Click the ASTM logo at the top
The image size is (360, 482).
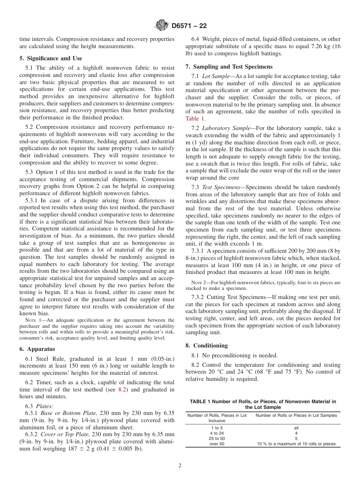point(162,26)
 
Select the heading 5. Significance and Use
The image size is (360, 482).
point(50,58)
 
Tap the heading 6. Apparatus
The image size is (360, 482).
point(37,349)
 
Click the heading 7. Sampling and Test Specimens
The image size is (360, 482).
point(229,67)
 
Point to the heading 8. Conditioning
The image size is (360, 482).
point(207,346)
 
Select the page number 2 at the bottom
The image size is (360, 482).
point(180,466)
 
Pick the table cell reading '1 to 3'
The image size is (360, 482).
point(217,428)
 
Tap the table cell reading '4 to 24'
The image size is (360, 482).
point(217,433)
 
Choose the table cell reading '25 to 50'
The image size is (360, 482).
point(217,438)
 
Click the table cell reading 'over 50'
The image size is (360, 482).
point(217,444)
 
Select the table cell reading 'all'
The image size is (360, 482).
point(296,428)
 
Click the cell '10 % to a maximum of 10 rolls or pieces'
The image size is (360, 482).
point(296,444)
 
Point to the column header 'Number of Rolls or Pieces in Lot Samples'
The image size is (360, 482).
point(296,415)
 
